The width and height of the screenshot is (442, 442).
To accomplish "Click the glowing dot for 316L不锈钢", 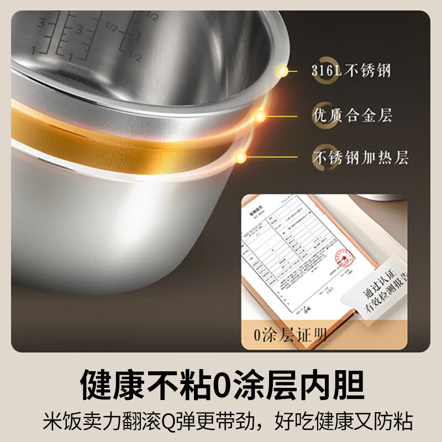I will [283, 71].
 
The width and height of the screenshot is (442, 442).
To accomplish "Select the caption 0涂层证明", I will [290, 334].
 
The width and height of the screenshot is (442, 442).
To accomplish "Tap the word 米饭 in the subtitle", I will [59, 421].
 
